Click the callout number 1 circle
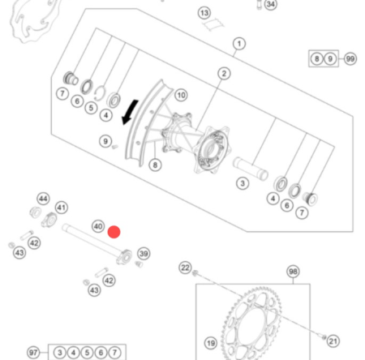239,43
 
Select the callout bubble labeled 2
223,74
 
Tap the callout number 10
181,95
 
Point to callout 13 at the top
204,13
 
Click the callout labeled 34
270,5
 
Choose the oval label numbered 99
350,59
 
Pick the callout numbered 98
293,272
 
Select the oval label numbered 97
33,353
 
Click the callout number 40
97,227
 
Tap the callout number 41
62,208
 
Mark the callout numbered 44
43,199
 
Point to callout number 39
144,254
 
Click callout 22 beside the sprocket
185,268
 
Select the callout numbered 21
333,341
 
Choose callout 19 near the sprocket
210,343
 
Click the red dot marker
114,231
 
